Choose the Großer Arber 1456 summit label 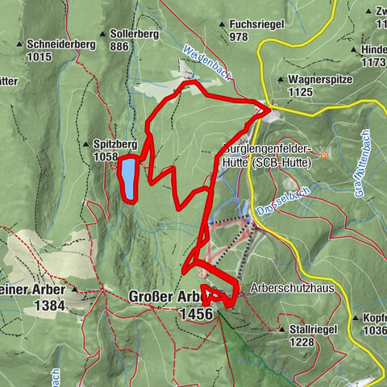(x=171, y=304)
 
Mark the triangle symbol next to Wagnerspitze (x=281, y=80)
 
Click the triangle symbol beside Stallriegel (x=282, y=330)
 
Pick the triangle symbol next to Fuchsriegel (x=221, y=25)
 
